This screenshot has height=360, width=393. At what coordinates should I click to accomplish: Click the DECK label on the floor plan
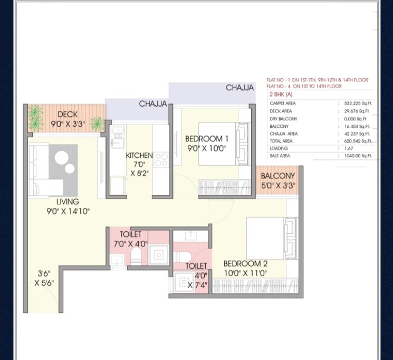click(x=68, y=114)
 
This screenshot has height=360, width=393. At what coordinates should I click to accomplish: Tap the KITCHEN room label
click(x=139, y=156)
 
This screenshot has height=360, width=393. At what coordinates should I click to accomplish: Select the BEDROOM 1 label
click(x=207, y=139)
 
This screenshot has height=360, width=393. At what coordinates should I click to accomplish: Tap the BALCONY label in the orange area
click(x=277, y=176)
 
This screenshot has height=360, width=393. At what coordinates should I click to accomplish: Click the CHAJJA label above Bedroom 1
click(x=239, y=88)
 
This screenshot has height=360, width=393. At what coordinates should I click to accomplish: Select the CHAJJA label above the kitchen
click(x=153, y=104)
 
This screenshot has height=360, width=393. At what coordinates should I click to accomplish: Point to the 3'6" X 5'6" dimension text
click(x=44, y=278)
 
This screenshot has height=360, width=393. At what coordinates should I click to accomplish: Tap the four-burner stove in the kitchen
click(x=161, y=159)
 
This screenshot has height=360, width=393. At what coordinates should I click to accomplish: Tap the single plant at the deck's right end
click(x=97, y=124)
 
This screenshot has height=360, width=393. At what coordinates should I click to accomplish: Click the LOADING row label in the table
click(x=278, y=149)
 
